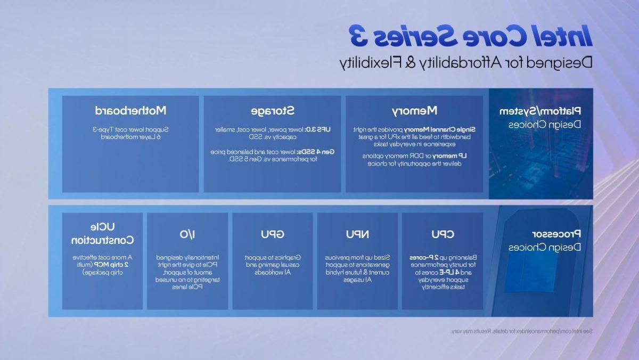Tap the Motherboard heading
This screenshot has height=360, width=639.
pos(130,111)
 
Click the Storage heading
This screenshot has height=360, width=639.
pos(272,111)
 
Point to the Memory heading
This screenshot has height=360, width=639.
pos(414,111)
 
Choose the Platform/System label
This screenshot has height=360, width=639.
pos(540,111)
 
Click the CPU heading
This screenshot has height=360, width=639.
pos(442,234)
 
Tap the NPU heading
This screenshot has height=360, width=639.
pos(357,234)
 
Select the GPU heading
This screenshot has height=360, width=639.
pos(272,234)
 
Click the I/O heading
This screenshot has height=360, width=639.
pos(187,234)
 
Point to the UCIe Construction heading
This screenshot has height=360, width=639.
pos(102,234)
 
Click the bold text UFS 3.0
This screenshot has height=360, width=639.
pos(319,129)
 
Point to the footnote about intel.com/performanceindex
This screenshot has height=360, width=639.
pos(521,331)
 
